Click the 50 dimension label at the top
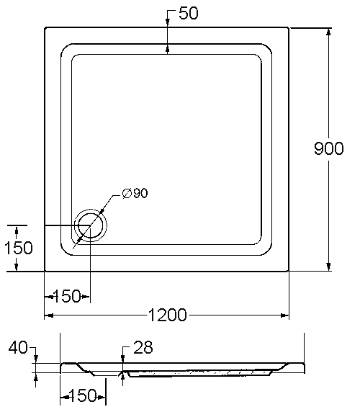pos(188,13)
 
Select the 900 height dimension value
pos(329,148)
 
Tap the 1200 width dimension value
pos(168,315)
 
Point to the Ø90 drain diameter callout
pos(135,193)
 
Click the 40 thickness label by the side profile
pos(18,347)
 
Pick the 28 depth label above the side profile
pos(143,347)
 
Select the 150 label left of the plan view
pos(19,248)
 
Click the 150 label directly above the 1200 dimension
pos(67,296)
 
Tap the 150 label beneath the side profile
pos(83,395)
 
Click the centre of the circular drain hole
pos(91,225)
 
